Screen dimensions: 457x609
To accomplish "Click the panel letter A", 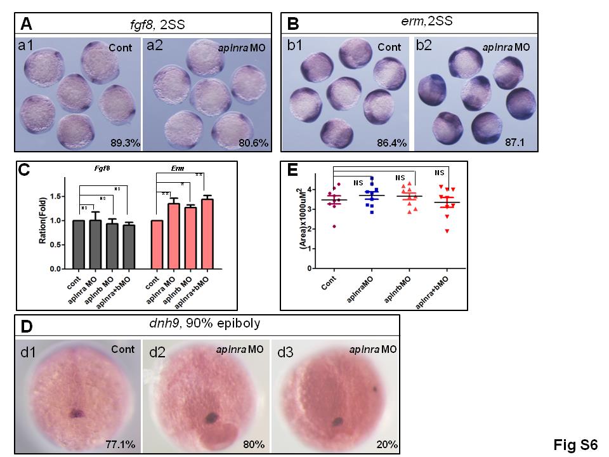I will [26, 24].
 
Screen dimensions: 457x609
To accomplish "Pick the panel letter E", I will [293, 171].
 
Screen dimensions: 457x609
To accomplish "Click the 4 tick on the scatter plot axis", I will [310, 189].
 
